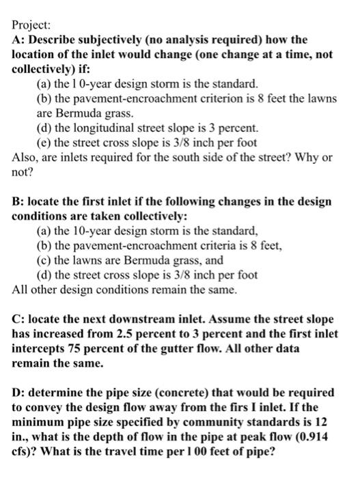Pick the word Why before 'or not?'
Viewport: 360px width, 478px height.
click(x=307, y=157)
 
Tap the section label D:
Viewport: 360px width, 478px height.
click(x=19, y=393)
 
